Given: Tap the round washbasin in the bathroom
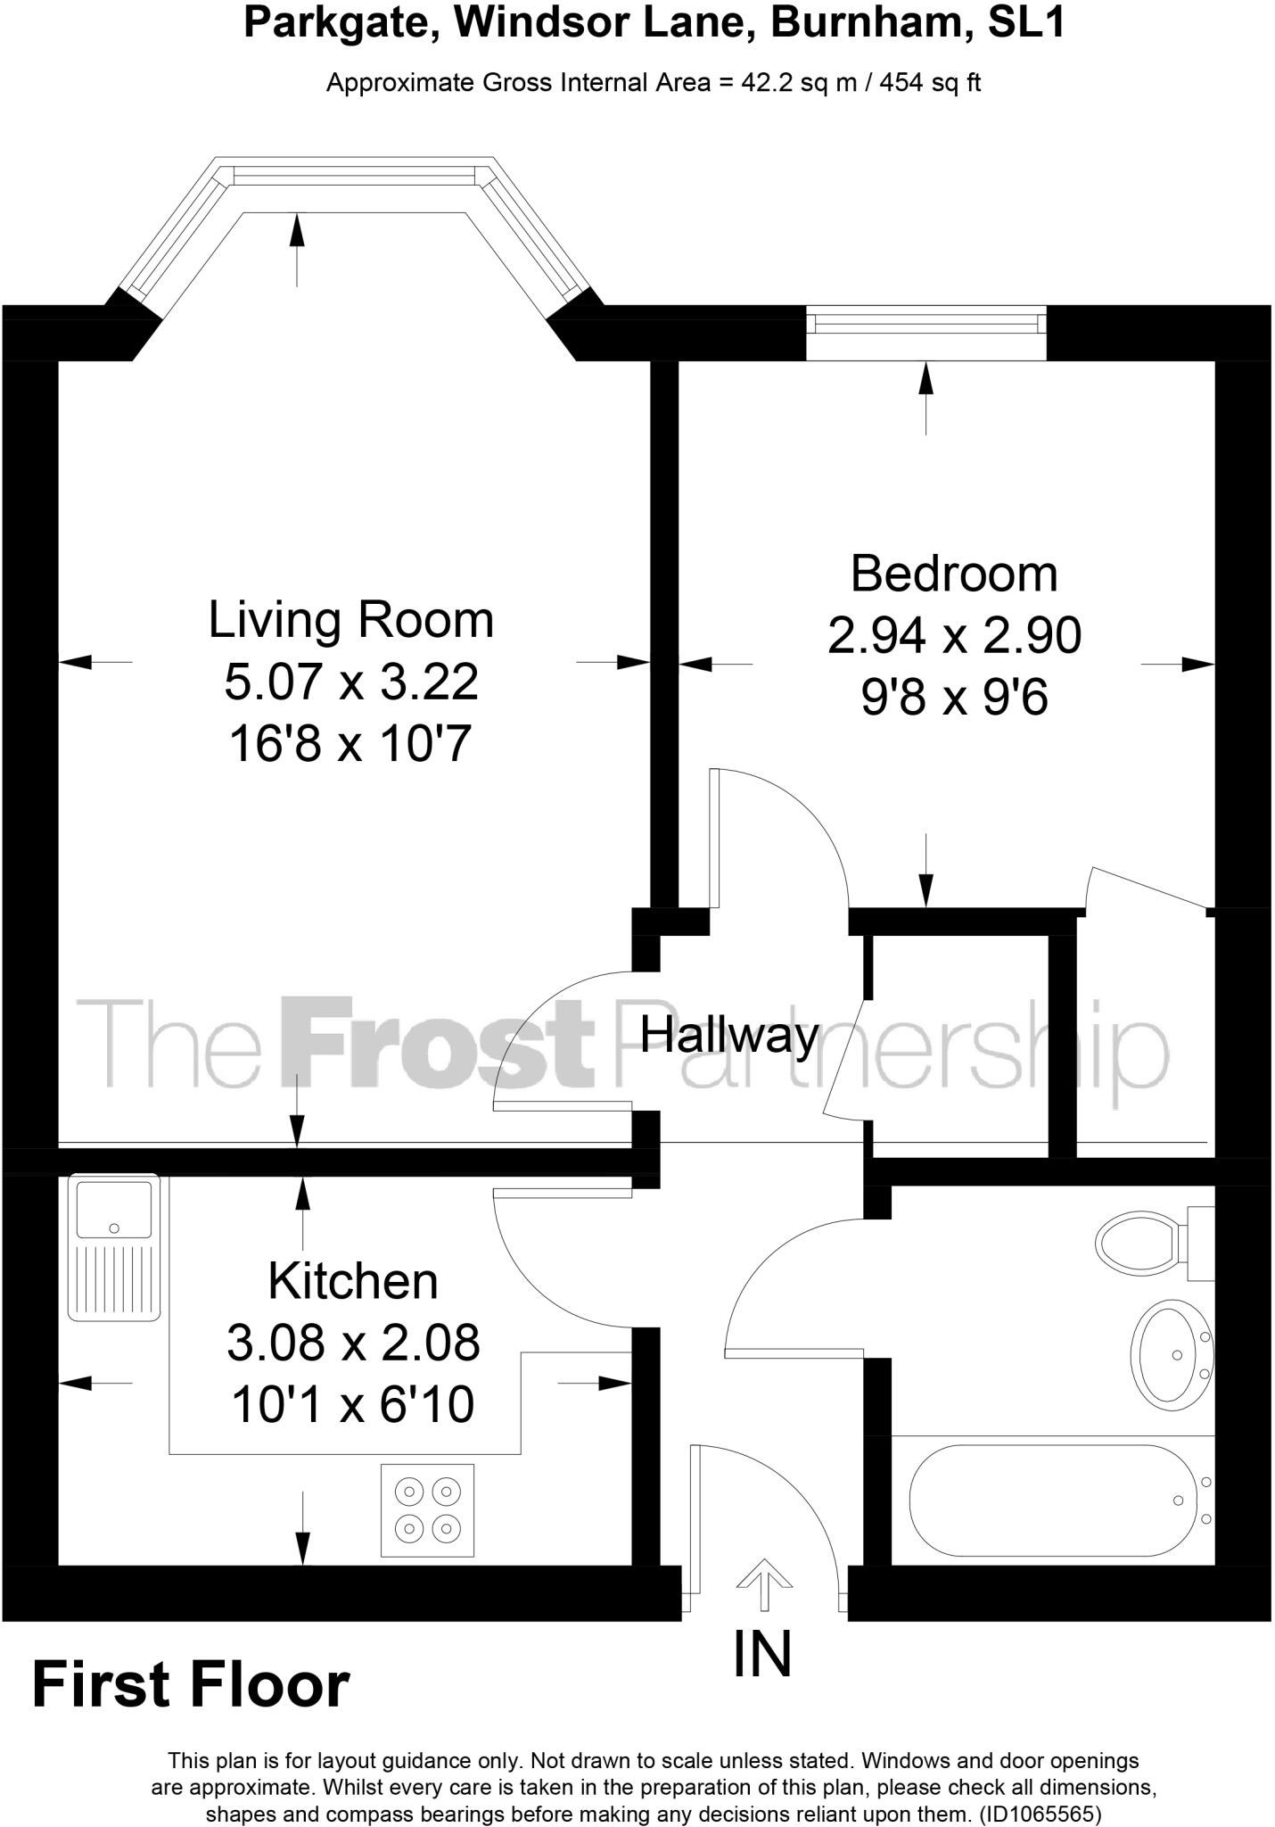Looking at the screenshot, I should point(1171,1354).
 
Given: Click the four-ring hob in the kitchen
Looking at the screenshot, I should point(427,1509).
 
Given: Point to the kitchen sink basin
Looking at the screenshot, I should point(113,1209).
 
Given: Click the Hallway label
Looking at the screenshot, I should point(729,1036).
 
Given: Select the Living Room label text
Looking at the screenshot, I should point(350,620).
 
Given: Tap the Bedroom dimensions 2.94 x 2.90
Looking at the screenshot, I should point(954,635).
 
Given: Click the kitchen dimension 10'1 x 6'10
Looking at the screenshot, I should point(353,1404).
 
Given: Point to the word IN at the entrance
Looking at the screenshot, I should point(762,1653).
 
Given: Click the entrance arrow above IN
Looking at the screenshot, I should point(764,1583).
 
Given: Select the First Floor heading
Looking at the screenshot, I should point(191,1685).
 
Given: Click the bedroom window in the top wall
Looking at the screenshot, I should point(925,321).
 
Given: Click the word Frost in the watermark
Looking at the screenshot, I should point(437,1044).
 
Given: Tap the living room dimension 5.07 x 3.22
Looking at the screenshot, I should point(350,682).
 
